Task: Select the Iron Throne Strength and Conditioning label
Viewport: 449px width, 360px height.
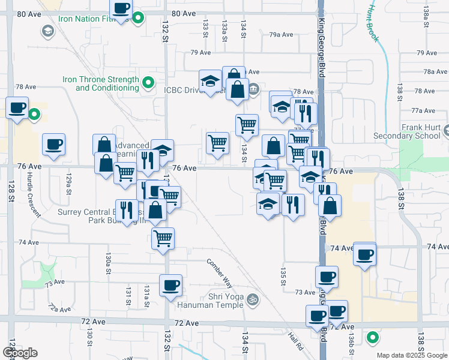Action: [100, 83]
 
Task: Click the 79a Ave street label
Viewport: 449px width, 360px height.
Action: [281, 34]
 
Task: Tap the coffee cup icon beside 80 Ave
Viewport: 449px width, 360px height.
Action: [121, 8]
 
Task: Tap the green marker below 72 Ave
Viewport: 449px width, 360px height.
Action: [373, 338]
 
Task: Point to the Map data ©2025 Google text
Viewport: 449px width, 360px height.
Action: [411, 355]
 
